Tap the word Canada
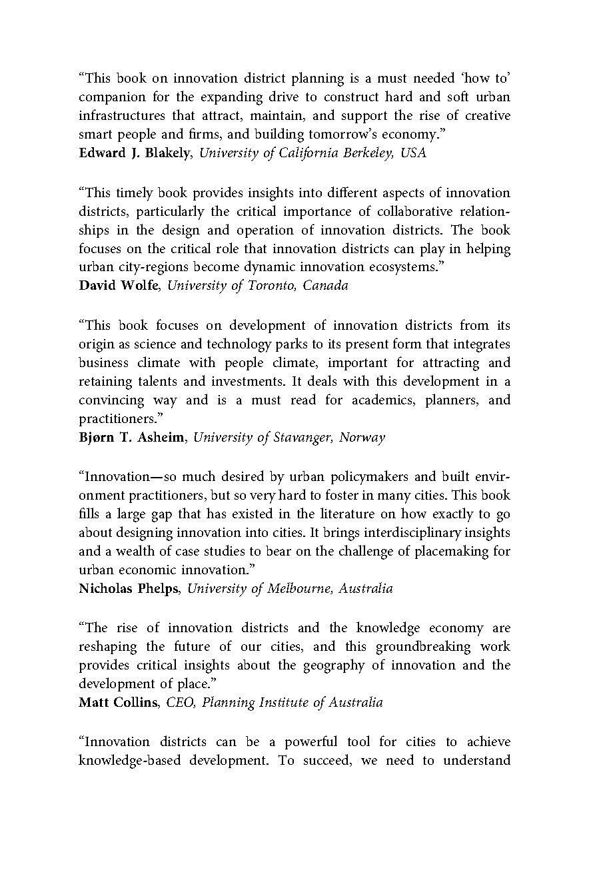tap(326, 286)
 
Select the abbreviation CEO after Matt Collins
tap(179, 703)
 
